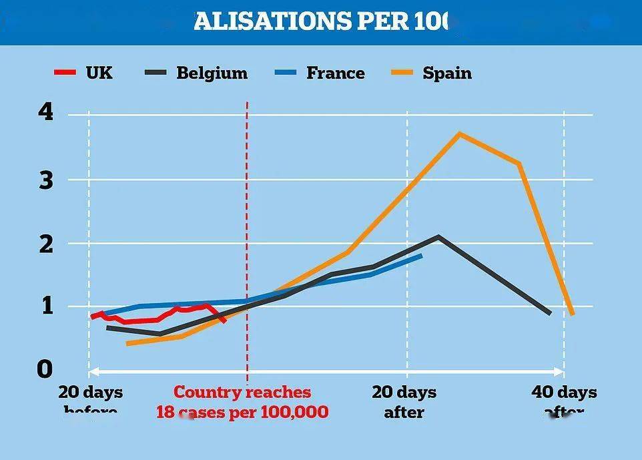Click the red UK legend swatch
tap(65, 72)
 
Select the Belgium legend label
tap(211, 73)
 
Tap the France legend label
tap(335, 73)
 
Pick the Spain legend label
tap(446, 73)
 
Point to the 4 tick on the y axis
tap(45, 113)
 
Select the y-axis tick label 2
tap(45, 244)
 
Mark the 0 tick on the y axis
tap(45, 369)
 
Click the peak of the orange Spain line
tap(459, 134)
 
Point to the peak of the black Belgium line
tap(438, 236)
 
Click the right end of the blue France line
tap(421, 254)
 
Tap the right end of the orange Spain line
tap(573, 314)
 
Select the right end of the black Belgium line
tap(550, 313)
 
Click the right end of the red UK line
tap(225, 321)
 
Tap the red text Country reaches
tap(242, 392)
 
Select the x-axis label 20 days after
tap(404, 401)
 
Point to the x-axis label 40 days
tap(564, 392)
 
